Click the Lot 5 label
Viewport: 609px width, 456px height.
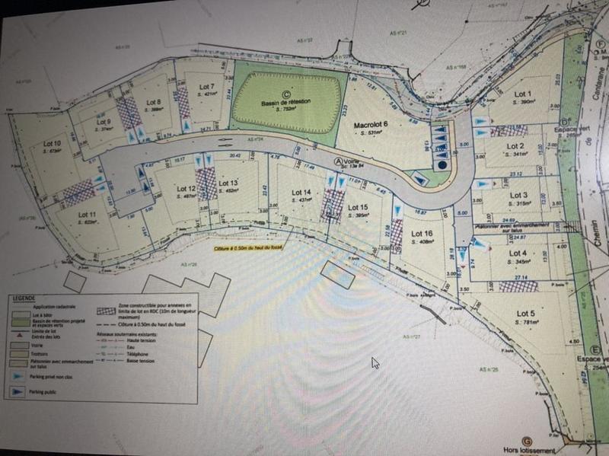(526, 314)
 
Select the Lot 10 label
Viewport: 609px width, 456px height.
(53, 143)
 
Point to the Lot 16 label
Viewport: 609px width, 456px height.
(422, 234)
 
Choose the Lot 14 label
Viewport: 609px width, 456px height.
(302, 192)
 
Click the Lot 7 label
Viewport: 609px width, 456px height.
(206, 87)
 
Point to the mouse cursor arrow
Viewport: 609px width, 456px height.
(375, 363)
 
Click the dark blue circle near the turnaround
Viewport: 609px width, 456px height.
(442, 164)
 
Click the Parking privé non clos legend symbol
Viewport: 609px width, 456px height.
(18, 375)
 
